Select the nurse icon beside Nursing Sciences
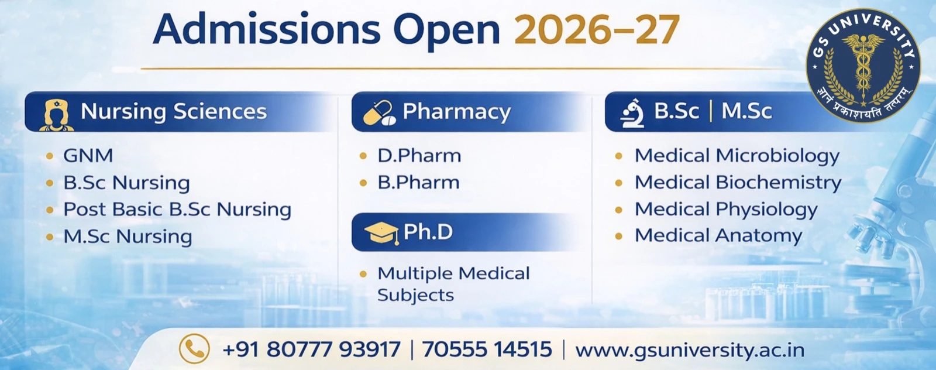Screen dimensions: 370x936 [57, 114]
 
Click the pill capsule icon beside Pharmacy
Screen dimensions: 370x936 [379, 113]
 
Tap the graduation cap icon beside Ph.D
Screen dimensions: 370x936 [381, 233]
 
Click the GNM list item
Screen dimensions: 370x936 [88, 156]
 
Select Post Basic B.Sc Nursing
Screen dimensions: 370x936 [177, 210]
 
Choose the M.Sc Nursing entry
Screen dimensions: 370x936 [128, 237]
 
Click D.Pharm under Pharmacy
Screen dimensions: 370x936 [419, 156]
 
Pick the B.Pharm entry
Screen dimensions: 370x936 [418, 183]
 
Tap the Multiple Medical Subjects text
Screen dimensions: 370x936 [453, 284]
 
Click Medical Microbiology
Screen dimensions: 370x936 [737, 156]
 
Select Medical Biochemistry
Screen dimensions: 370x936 [737, 183]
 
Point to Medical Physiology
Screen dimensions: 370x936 [725, 210]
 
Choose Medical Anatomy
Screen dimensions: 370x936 [718, 235]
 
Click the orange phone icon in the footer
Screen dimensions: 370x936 [194, 349]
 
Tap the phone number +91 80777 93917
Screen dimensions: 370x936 [311, 350]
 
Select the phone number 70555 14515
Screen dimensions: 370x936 [487, 350]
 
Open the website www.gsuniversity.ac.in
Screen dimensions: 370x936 [690, 350]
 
